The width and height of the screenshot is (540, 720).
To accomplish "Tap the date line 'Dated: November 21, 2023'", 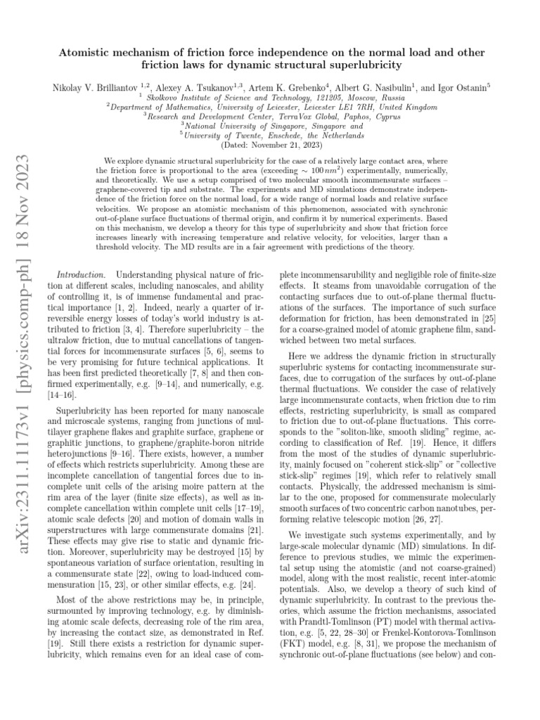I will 269,145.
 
